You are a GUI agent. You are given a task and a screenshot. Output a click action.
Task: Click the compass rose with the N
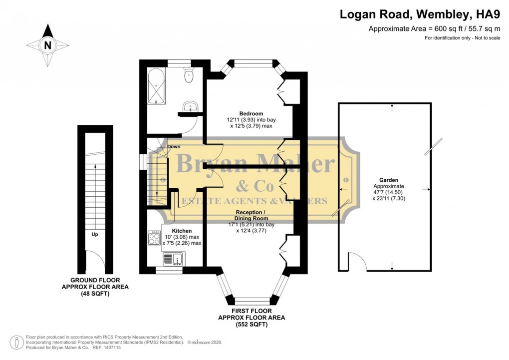pos(48,45)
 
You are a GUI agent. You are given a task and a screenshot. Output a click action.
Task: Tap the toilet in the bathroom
pos(189,76)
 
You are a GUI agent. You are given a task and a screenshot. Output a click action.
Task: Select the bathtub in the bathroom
pos(157,86)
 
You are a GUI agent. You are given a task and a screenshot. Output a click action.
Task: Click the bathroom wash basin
pos(191,106)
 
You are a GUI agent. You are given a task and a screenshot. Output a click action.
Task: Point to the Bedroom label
pos(251,113)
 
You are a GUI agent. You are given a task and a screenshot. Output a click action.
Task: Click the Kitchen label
pos(182,231)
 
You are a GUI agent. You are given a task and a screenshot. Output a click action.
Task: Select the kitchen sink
pos(174,259)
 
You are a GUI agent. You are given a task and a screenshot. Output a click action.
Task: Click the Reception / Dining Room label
pos(252,215)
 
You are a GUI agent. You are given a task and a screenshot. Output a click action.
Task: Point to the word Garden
pos(384,180)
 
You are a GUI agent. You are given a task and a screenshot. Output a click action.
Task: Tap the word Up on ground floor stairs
pos(94,234)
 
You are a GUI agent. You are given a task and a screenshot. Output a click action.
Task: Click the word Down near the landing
pos(174,146)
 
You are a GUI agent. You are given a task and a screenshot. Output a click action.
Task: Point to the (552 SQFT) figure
pos(252,325)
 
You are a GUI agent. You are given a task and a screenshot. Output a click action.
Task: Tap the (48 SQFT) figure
pos(95,294)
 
